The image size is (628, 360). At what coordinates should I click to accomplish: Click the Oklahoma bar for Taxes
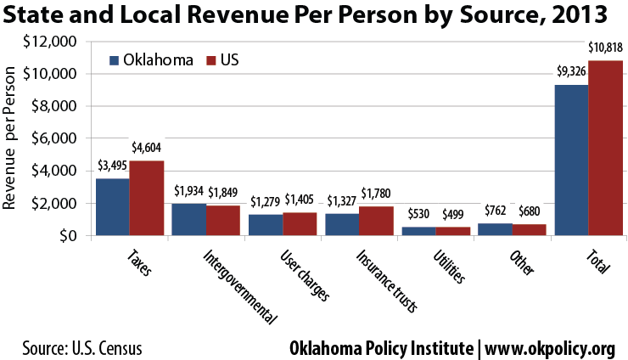[x=112, y=206]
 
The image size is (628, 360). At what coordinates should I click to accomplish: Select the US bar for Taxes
[x=146, y=198]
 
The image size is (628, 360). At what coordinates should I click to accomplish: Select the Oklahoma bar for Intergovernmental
[x=188, y=219]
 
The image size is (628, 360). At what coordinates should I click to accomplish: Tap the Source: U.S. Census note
[x=82, y=348]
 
